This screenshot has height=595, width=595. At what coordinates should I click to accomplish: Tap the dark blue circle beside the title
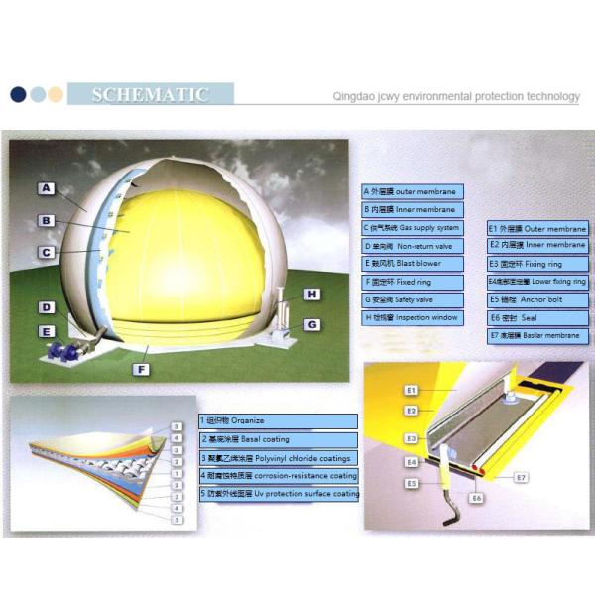(x=18, y=95)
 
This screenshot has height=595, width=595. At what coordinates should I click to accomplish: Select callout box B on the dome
(x=47, y=220)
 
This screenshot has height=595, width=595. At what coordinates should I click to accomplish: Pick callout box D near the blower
(x=47, y=307)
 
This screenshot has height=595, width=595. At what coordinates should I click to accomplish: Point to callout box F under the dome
(x=141, y=369)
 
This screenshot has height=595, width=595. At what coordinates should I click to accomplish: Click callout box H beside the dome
(x=310, y=295)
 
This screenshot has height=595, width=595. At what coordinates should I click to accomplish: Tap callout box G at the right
(x=310, y=324)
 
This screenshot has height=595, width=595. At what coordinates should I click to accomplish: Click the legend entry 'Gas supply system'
(x=412, y=228)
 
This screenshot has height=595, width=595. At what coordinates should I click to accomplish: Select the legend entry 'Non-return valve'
(x=412, y=246)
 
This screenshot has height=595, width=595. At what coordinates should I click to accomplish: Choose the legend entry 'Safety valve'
(x=412, y=299)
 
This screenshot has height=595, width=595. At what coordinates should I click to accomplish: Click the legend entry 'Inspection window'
(x=412, y=317)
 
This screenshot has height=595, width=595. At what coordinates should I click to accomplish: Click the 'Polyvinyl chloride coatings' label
(x=278, y=457)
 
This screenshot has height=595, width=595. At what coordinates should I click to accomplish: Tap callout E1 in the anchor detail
(x=411, y=390)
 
